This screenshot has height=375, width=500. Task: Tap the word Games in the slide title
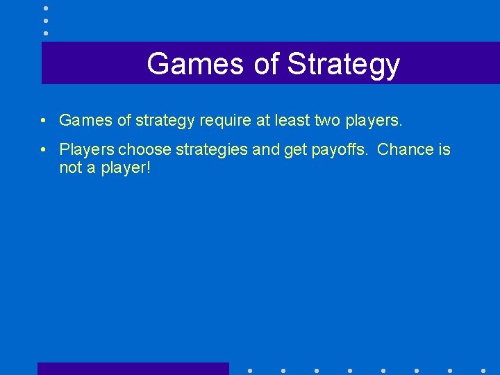(x=195, y=64)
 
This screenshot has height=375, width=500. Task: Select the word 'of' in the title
(x=266, y=64)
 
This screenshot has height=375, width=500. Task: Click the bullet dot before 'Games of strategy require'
(x=43, y=121)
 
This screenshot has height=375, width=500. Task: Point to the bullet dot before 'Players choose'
(x=43, y=150)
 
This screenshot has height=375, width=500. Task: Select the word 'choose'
(x=141, y=150)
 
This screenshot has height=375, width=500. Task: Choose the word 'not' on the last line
(x=70, y=168)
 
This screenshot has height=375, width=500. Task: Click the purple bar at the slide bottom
(x=133, y=369)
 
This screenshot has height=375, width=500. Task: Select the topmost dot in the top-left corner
(x=46, y=8)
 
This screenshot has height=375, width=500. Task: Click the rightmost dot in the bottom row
(x=483, y=370)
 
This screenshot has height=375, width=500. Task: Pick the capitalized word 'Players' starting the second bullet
(x=87, y=150)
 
